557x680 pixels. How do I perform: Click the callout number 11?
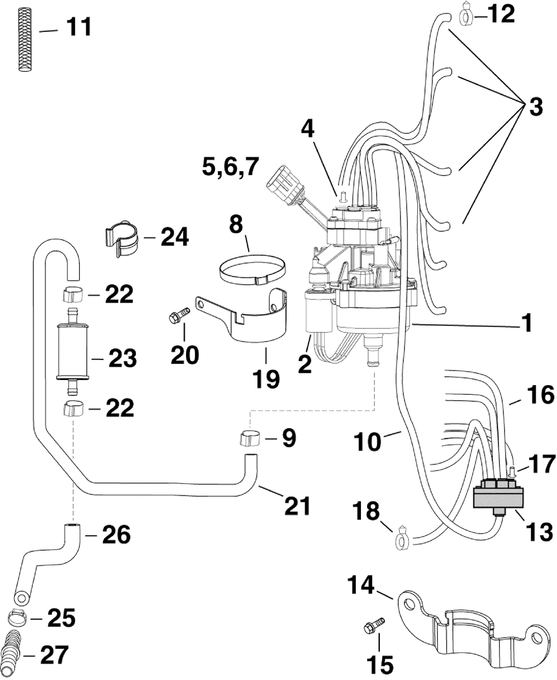pos(79,27)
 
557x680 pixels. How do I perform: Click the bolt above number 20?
pos(179,314)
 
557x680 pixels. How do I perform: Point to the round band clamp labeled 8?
pos(252,270)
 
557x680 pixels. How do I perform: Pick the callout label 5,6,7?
pos(231,167)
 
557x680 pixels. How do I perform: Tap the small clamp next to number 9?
pos(249,439)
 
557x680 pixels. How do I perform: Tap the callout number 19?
pos(266,379)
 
